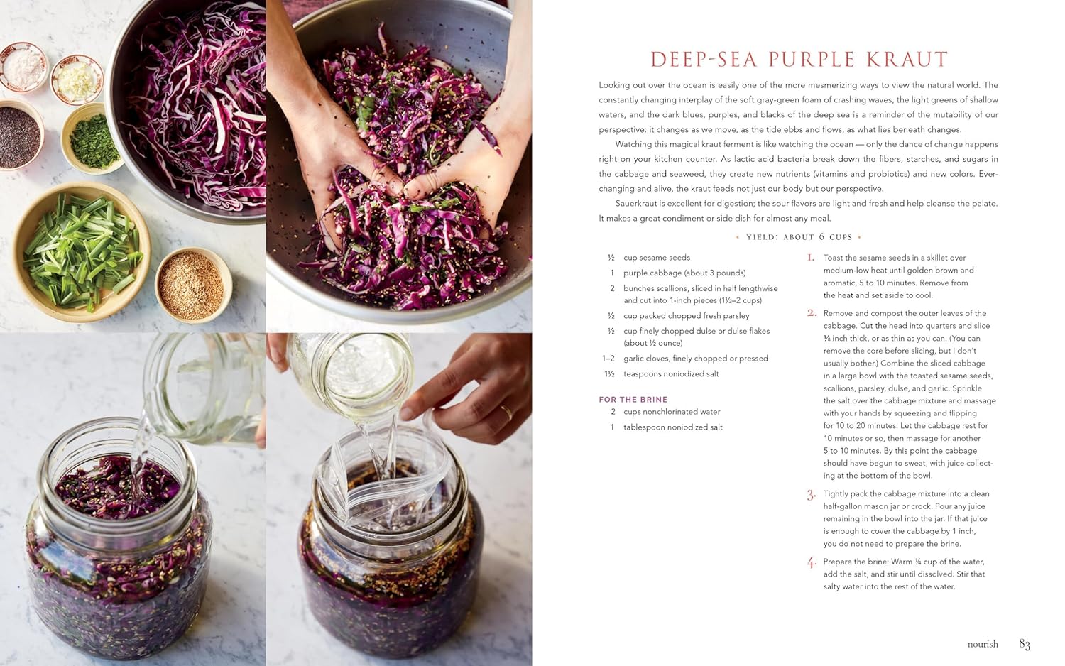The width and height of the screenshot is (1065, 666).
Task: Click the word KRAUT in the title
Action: [907, 60]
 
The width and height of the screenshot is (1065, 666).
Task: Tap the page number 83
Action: [1024, 644]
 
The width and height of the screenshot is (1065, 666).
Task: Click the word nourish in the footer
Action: [983, 644]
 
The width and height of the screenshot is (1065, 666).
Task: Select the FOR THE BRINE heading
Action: [633, 399]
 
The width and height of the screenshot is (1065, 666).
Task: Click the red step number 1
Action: [811, 258]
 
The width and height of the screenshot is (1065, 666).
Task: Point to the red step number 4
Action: [812, 563]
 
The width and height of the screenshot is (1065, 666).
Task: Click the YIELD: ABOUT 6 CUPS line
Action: [798, 236]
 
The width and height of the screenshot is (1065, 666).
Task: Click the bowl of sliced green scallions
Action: [82, 251]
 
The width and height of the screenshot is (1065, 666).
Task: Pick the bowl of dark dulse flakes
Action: [20, 136]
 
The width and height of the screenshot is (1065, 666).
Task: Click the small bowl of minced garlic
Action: [77, 80]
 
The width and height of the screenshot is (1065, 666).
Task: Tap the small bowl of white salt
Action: [23, 67]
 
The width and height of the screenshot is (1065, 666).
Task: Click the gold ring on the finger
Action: [506, 412]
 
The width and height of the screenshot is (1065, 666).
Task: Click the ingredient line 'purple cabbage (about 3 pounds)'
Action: [684, 273]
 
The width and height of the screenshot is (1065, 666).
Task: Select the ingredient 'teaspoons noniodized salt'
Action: [671, 373]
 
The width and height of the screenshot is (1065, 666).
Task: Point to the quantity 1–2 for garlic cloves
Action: [608, 359]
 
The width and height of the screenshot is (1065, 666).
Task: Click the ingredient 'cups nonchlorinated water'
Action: [672, 412]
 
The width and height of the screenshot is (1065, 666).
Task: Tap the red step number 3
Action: [811, 496]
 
